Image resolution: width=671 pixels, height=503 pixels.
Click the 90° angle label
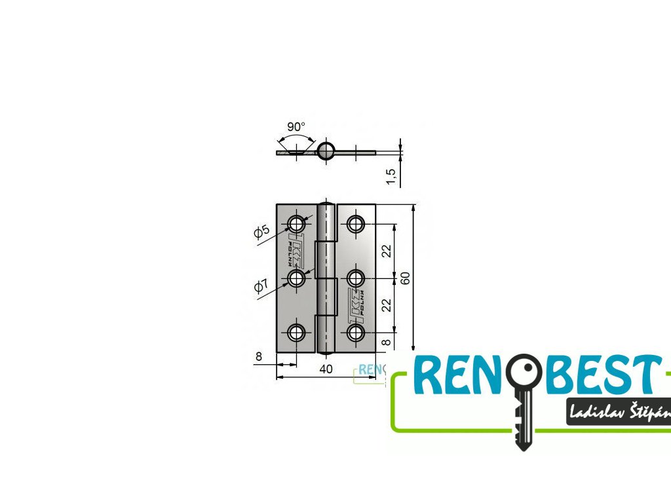click(296, 126)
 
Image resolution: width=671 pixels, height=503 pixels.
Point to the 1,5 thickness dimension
click(391, 176)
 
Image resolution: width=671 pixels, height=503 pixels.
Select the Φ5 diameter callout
click(261, 231)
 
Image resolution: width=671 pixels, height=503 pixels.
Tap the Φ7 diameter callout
click(261, 286)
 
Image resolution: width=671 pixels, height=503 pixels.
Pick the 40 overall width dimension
click(326, 369)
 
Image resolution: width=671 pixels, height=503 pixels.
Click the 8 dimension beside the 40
click(259, 357)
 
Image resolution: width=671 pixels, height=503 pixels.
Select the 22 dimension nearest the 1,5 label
click(387, 251)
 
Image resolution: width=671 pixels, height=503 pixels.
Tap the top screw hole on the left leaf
click(297, 224)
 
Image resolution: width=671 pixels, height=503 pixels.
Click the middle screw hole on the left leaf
click(297, 278)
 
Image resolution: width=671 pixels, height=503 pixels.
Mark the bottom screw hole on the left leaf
click(297, 333)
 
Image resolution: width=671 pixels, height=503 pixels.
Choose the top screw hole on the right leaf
click(356, 224)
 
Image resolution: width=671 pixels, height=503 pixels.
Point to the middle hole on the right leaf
click(356, 278)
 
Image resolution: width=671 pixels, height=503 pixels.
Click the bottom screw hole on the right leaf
click(356, 333)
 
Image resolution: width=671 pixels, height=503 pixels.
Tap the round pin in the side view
click(326, 151)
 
